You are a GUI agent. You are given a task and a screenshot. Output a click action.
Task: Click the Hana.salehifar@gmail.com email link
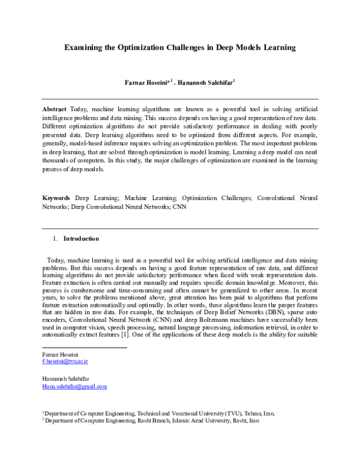(74, 387)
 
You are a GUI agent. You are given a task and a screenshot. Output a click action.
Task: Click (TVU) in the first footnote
(235, 414)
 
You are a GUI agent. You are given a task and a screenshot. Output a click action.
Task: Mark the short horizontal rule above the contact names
(84, 347)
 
